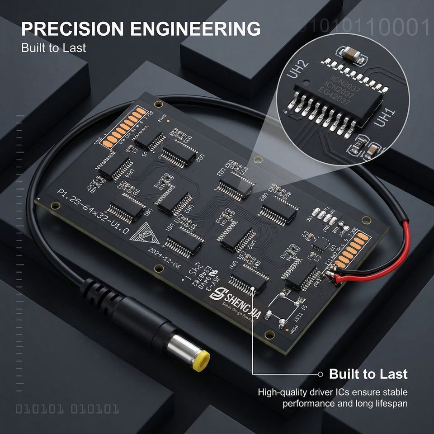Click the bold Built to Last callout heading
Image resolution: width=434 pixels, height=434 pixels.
pos(368,374)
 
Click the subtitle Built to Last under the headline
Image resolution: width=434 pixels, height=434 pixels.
pos(53,47)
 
